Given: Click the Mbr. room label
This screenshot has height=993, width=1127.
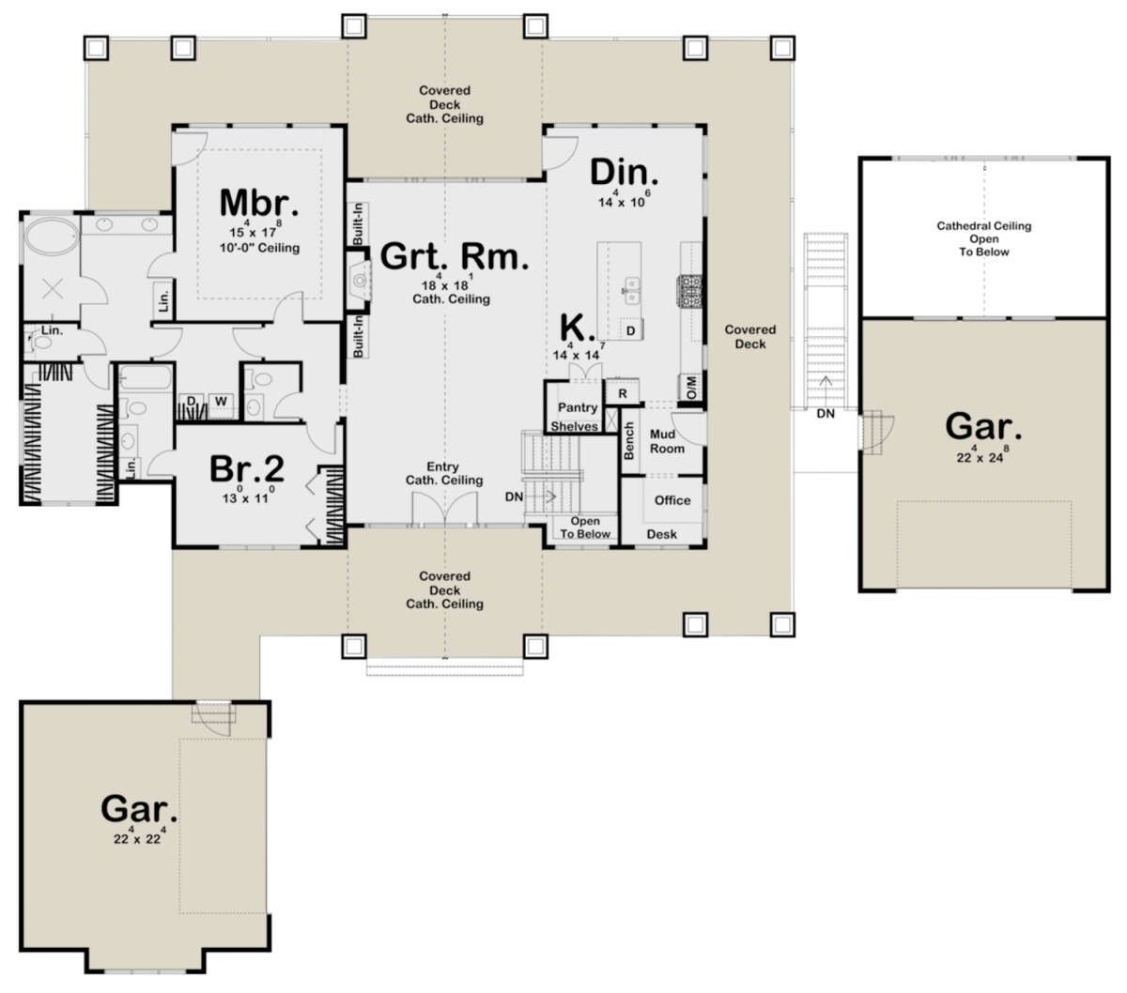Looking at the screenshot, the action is tap(259, 203).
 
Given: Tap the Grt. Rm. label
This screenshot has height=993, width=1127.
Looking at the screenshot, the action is tap(454, 257).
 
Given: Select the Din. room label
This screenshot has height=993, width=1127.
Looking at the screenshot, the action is tap(625, 173).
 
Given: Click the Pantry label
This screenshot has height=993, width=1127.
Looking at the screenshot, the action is tap(578, 407).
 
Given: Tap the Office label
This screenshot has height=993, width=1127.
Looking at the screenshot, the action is tap(672, 500).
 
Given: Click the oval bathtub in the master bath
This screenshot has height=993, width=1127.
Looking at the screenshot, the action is tap(52, 237).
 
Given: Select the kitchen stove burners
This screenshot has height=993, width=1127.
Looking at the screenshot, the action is tap(689, 291).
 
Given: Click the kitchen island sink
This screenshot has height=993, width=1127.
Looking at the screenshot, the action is tap(631, 291).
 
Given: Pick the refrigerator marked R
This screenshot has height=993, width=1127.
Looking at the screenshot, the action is tap(623, 392).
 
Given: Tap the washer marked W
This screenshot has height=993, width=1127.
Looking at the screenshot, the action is tap(221, 401).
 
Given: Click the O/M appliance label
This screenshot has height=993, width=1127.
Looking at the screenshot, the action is tap(691, 387).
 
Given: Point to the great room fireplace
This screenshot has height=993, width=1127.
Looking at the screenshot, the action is tap(359, 278).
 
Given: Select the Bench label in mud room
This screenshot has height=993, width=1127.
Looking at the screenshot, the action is tap(629, 441).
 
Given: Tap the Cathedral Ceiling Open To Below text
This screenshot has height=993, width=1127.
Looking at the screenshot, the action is tap(983, 239).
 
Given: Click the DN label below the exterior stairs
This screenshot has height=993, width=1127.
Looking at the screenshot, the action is tap(826, 414).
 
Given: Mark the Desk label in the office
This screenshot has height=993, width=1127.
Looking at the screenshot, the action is tap(661, 534).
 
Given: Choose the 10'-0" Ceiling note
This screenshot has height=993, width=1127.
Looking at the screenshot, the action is tap(260, 248).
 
